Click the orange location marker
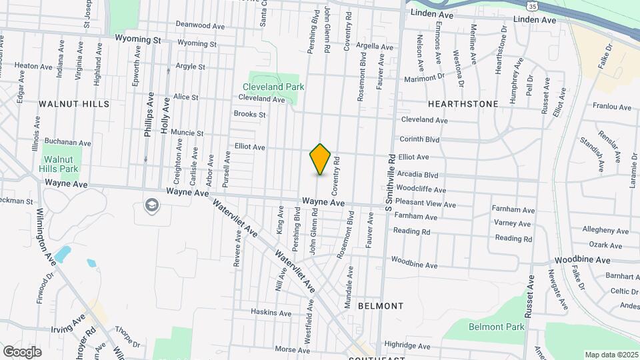point(320,159)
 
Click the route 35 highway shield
point(532,6)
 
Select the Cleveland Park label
point(273,87)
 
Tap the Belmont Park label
point(497,327)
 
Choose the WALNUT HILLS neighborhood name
point(74,104)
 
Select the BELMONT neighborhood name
point(381,305)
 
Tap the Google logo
point(22,351)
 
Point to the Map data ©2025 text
point(611,355)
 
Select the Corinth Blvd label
point(419,139)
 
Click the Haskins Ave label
point(271,312)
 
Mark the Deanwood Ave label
point(200,25)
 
